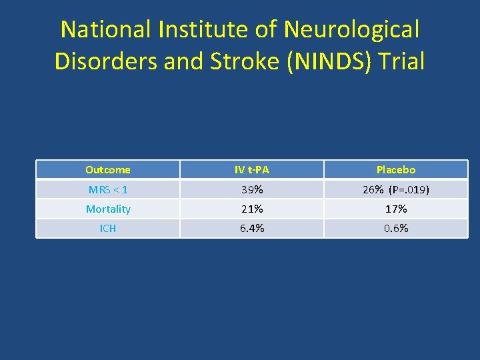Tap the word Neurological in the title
[351, 29]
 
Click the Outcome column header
[108, 170]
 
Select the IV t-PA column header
[252, 170]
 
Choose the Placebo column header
[396, 170]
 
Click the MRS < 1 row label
[108, 190]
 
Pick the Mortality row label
[108, 209]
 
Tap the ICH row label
[108, 229]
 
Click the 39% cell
[252, 190]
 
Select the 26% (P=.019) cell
[396, 190]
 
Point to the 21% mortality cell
[252, 209]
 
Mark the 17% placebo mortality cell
[396, 209]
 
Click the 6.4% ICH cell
[252, 229]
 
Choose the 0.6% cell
[396, 229]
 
